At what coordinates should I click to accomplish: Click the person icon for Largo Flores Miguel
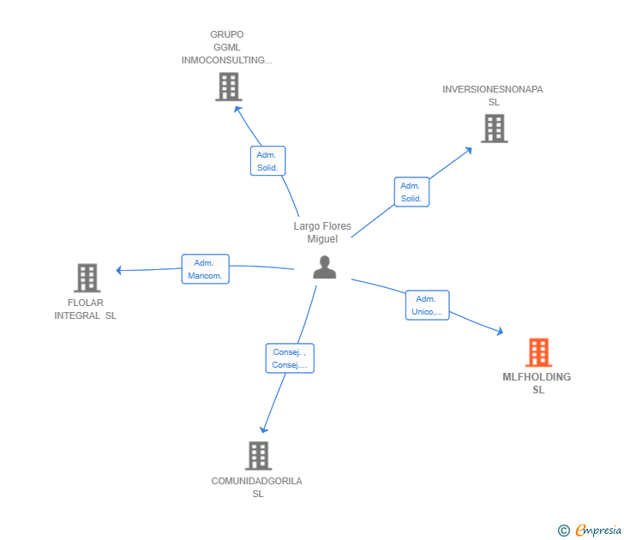pyautogui.click(x=324, y=267)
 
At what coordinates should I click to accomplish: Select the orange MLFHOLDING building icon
pyautogui.click(x=538, y=352)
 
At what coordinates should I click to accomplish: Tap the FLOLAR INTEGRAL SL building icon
pyautogui.click(x=87, y=278)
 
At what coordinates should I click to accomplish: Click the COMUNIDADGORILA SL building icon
pyautogui.click(x=258, y=456)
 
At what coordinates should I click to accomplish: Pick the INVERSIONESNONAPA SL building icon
pyautogui.click(x=495, y=128)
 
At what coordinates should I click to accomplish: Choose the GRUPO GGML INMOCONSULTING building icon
pyautogui.click(x=229, y=87)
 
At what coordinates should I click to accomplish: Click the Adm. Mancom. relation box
pyautogui.click(x=206, y=269)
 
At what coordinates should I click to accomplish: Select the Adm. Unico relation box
pyautogui.click(x=428, y=305)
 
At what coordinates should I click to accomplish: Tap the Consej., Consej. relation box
pyautogui.click(x=290, y=358)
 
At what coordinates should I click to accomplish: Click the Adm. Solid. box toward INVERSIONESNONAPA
pyautogui.click(x=411, y=192)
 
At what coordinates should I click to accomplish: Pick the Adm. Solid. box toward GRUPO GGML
pyautogui.click(x=267, y=161)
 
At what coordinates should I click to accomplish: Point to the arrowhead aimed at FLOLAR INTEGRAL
pyautogui.click(x=118, y=270)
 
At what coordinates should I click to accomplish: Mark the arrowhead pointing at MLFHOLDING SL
pyautogui.click(x=501, y=331)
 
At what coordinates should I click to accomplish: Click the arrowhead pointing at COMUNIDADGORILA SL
pyautogui.click(x=263, y=429)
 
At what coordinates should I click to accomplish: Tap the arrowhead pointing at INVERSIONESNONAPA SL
pyautogui.click(x=469, y=150)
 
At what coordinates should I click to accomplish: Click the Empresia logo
pyautogui.click(x=598, y=530)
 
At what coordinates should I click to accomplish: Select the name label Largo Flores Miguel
pyautogui.click(x=322, y=232)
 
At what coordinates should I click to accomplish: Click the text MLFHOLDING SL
pyautogui.click(x=537, y=383)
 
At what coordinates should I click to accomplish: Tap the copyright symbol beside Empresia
pyautogui.click(x=563, y=531)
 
